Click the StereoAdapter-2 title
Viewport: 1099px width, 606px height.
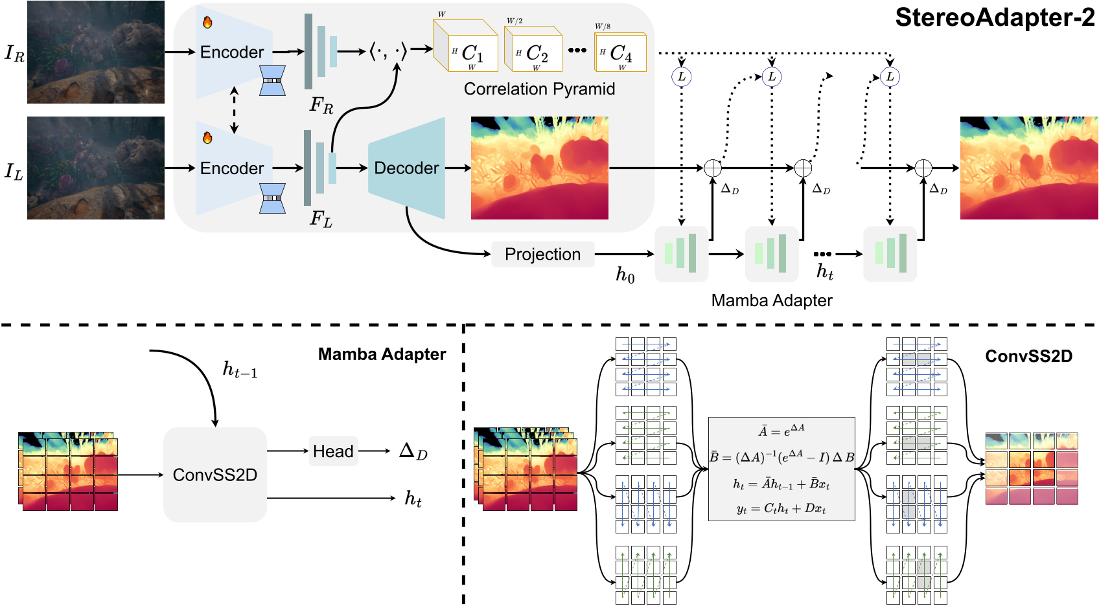tap(994, 17)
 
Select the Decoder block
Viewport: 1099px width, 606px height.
tap(406, 168)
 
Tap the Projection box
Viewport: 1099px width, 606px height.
tap(542, 254)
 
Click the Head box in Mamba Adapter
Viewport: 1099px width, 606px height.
tap(333, 451)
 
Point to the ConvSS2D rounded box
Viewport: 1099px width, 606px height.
tap(215, 475)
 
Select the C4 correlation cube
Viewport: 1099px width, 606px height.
tap(621, 52)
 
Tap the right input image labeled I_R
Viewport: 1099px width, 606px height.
tap(96, 52)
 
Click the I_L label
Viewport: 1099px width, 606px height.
tap(14, 172)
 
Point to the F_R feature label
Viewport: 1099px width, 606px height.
tap(321, 105)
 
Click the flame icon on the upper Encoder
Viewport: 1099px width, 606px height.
tap(207, 23)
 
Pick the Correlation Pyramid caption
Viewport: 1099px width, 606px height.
tap(539, 89)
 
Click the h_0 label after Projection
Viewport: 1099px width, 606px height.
tap(625, 275)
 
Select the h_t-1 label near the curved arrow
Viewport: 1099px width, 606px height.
tap(240, 370)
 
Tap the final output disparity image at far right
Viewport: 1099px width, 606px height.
tap(1028, 168)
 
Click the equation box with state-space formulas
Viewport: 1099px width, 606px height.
tap(781, 469)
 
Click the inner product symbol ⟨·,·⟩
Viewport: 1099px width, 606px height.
tap(388, 50)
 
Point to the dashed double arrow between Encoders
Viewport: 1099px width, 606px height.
tap(235, 110)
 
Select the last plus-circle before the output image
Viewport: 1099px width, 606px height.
tap(923, 168)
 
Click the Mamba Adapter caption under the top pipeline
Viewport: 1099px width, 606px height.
tap(771, 300)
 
